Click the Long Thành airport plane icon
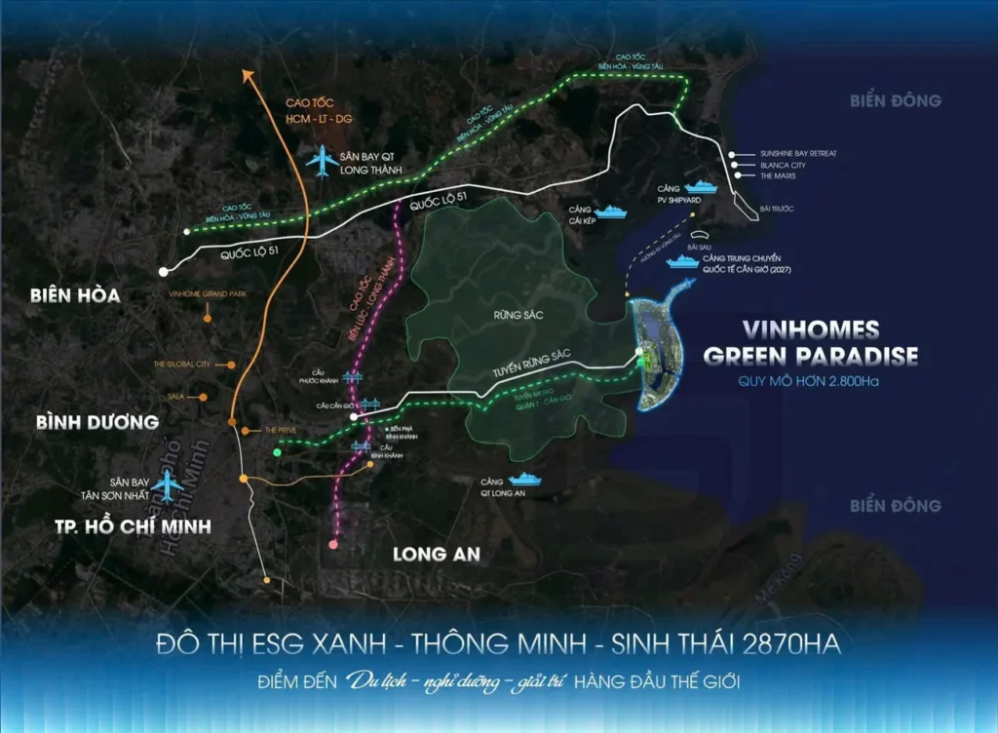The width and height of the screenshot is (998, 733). click(x=320, y=162)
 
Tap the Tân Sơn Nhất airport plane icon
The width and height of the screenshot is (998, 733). click(x=171, y=483)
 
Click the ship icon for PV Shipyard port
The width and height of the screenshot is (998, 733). click(x=700, y=185)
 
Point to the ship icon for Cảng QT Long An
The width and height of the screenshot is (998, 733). click(x=526, y=479)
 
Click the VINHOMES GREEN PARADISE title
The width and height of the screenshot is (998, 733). click(x=810, y=342)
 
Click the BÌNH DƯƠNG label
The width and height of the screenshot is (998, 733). click(x=96, y=423)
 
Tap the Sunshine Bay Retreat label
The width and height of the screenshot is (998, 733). click(x=798, y=154)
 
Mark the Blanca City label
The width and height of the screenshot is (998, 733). click(x=784, y=166)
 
